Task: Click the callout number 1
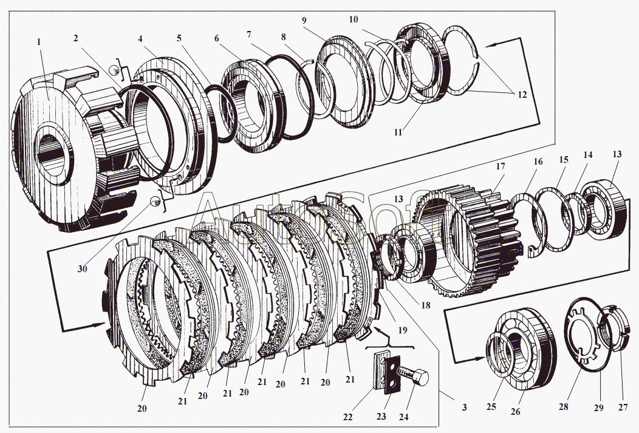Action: tap(38, 42)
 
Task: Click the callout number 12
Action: tap(521, 95)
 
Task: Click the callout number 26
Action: tap(515, 412)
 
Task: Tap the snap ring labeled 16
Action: tap(528, 225)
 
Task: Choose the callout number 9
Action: tap(304, 19)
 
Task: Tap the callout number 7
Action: tap(248, 35)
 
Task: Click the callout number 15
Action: tap(564, 160)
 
